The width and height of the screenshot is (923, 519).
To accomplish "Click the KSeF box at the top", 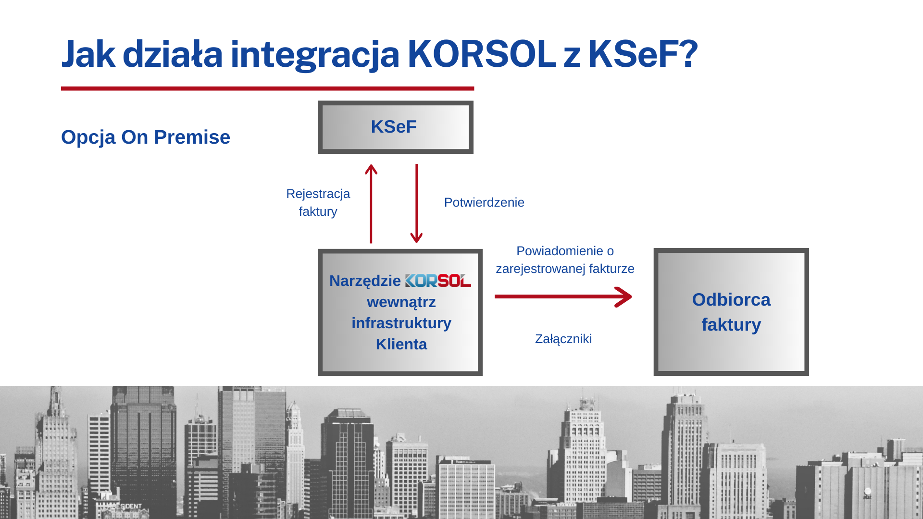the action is [396, 127].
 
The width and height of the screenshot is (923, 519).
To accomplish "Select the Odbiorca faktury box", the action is [731, 312].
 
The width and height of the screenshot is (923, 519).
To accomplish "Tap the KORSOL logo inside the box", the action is [438, 281].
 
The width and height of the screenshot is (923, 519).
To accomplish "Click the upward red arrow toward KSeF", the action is [371, 204].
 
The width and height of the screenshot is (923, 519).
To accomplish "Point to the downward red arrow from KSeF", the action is [416, 204].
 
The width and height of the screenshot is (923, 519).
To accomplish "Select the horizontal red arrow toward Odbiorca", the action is [563, 297].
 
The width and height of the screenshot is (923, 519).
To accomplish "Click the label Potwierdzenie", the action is [484, 202].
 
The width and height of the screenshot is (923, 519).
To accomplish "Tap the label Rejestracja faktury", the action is [318, 202].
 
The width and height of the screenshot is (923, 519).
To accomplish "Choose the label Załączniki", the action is [563, 339].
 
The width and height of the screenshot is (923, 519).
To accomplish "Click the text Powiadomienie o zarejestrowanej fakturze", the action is [565, 259].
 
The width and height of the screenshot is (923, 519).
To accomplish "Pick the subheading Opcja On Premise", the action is [146, 137].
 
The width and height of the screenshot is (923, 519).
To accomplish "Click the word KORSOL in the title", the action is [482, 54].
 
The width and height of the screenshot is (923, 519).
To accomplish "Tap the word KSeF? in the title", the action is [643, 54].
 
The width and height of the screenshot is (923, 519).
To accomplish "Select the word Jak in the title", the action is [88, 54].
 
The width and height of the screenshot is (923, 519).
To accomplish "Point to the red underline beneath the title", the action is [268, 88].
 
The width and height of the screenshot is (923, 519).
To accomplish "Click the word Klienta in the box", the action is [401, 344].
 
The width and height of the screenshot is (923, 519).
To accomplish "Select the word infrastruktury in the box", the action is [401, 323].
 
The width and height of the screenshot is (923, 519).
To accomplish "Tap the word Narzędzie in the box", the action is [365, 281].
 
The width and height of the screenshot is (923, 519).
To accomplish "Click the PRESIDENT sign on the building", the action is [125, 506].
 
